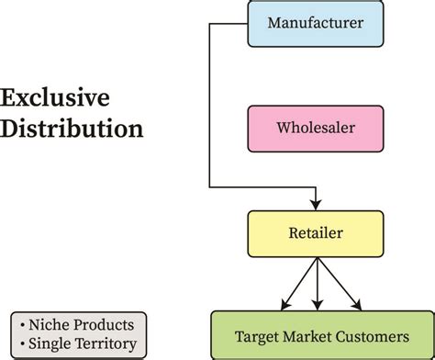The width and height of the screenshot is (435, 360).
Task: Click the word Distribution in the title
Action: (72, 128)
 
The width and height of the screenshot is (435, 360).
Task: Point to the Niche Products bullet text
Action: (77, 325)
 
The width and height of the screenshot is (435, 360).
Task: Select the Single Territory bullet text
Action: (77, 344)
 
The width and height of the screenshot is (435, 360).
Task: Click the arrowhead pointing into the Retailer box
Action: (317, 205)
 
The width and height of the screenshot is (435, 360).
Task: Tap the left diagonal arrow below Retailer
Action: (297, 286)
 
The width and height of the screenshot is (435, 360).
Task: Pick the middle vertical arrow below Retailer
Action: (317, 283)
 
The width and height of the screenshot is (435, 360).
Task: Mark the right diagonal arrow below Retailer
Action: (337, 286)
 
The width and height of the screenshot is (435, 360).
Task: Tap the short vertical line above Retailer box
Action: (317, 194)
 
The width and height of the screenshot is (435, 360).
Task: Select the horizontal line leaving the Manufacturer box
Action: (229, 23)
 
